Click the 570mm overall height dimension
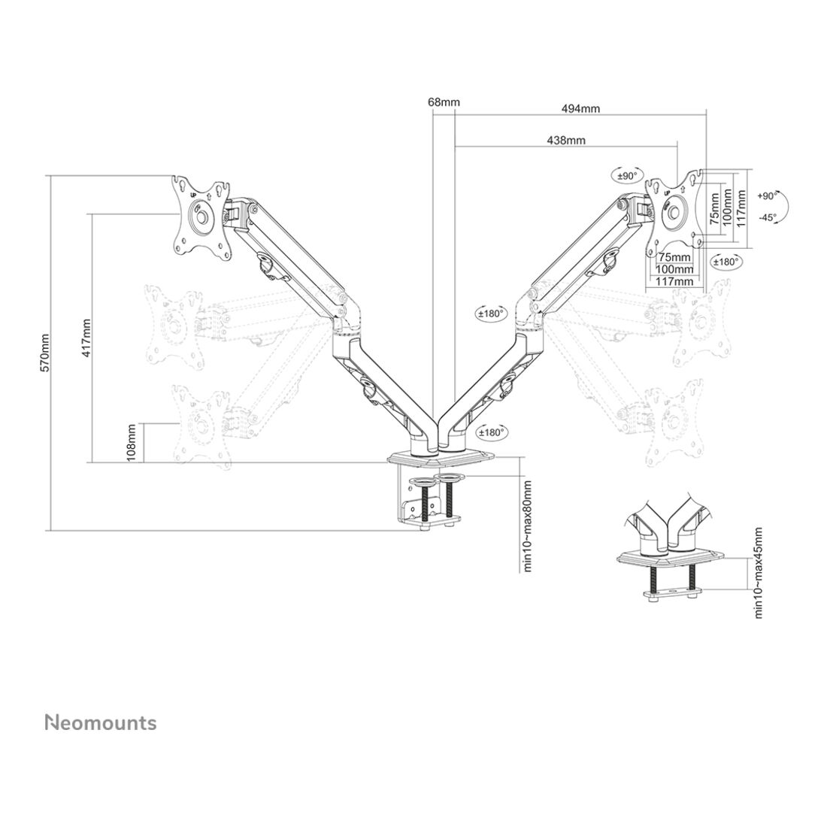44,353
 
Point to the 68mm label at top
444,101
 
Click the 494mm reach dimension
581,108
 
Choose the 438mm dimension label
566,140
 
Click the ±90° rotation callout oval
626,175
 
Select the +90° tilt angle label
768,195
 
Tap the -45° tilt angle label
767,217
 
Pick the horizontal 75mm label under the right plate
674,256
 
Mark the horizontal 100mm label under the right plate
674,268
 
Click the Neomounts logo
101,722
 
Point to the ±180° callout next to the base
491,432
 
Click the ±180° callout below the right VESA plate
726,261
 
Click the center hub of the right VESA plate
675,210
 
